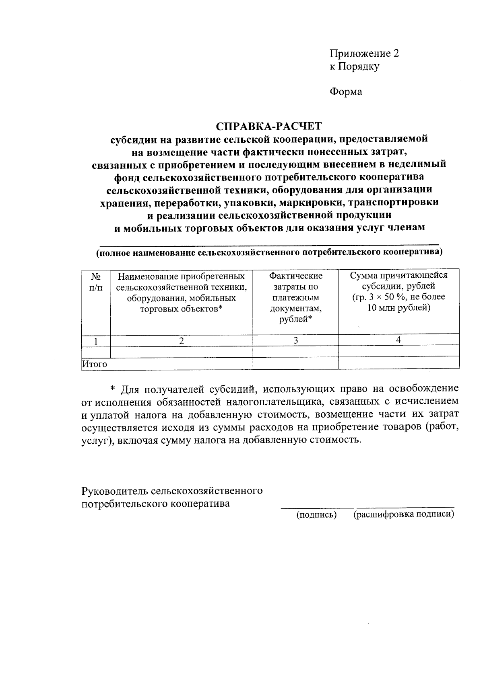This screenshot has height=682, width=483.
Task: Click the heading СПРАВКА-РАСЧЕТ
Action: (269, 126)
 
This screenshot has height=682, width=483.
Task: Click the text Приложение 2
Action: (364, 54)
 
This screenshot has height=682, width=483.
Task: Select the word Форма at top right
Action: (346, 92)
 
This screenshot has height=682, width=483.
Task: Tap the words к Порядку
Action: (354, 66)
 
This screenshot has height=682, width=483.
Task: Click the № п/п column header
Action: (95, 282)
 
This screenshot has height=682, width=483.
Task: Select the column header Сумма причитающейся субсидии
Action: (398, 291)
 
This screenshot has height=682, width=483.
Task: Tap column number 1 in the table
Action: (96, 341)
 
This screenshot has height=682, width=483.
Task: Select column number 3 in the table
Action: (295, 341)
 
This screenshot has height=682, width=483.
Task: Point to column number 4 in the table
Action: (398, 340)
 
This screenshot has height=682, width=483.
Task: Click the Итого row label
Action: (95, 364)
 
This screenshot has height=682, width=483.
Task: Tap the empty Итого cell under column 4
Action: (398, 363)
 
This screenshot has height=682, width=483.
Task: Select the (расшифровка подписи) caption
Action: (404, 514)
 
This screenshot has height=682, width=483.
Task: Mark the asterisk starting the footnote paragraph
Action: (113, 389)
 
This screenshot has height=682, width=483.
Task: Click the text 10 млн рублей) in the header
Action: (398, 308)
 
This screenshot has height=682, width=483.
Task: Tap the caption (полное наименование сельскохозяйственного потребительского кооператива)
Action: (269, 253)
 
